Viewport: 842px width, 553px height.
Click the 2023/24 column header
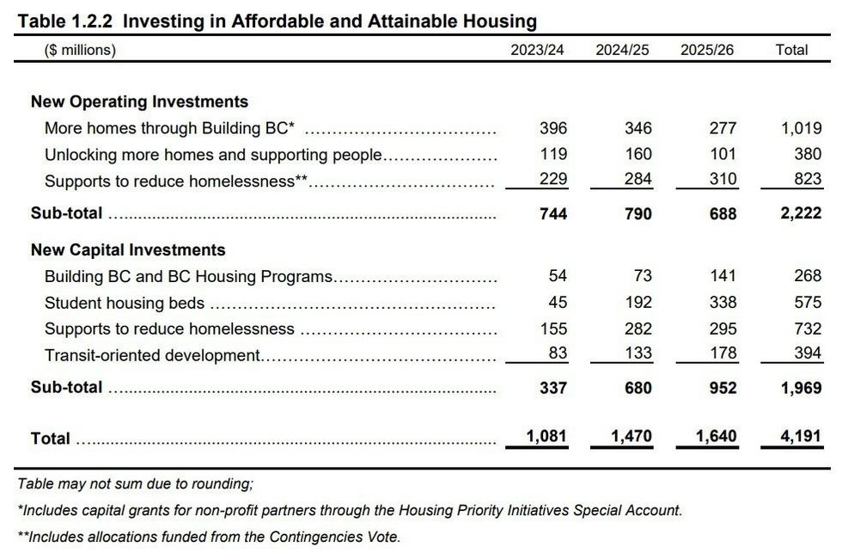(x=537, y=50)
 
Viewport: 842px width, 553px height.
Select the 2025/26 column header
(x=707, y=50)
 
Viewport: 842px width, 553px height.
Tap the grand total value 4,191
(x=802, y=437)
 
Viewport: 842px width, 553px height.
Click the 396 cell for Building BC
(x=552, y=128)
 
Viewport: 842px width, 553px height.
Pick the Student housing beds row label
(x=125, y=303)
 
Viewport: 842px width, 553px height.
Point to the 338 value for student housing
(x=723, y=303)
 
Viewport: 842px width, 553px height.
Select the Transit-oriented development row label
(x=152, y=354)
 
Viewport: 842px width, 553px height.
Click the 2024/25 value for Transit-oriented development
(x=638, y=353)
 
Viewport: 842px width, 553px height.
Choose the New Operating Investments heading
(x=139, y=101)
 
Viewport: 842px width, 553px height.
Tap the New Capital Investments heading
(x=128, y=250)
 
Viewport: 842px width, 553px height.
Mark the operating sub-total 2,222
(x=801, y=213)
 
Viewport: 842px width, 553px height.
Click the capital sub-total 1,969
(x=801, y=388)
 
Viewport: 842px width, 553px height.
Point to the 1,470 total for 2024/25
(x=631, y=437)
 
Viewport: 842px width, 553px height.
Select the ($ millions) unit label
(x=80, y=50)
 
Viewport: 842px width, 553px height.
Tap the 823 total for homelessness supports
(x=808, y=181)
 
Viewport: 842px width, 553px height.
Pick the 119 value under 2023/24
(x=552, y=155)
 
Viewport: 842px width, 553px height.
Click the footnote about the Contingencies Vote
(x=209, y=537)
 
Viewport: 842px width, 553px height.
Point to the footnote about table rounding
(x=135, y=484)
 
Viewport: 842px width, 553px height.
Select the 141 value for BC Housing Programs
(x=723, y=276)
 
